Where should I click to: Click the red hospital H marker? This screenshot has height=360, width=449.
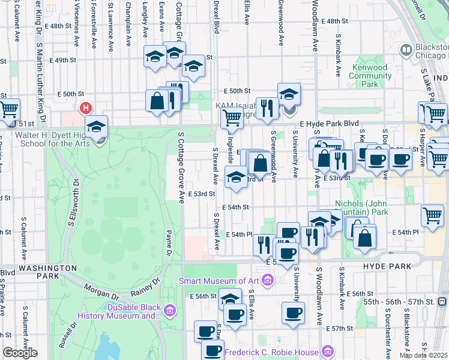pyautogui.click(x=86, y=109)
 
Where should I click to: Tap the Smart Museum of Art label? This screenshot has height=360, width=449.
pyautogui.click(x=221, y=280)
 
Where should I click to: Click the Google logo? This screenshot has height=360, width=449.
pyautogui.click(x=19, y=353)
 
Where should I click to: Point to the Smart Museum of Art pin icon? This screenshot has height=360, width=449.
pyautogui.click(x=267, y=280)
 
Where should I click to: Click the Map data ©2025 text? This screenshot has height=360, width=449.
pyautogui.click(x=423, y=355)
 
